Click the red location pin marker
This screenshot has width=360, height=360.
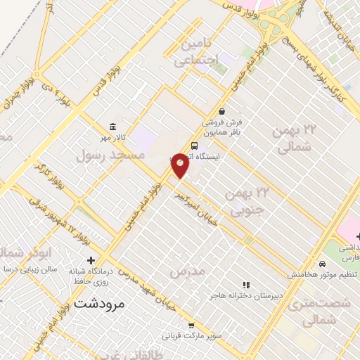click(180, 165)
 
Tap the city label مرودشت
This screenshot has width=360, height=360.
click(98, 304)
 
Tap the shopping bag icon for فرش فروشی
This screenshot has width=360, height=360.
click(222, 111)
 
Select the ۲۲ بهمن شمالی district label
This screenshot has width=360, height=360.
click(294, 141)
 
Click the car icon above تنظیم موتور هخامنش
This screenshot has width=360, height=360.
click(322, 264)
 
